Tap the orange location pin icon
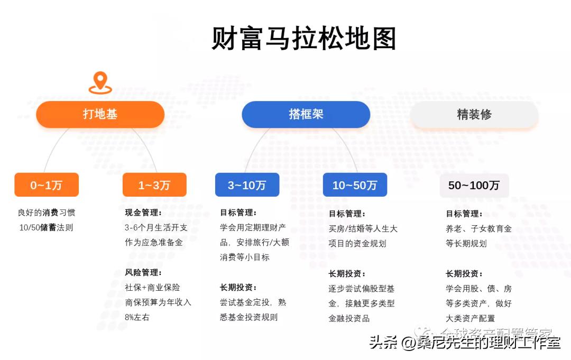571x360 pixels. pos(100,83)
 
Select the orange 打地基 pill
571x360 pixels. pos(100,114)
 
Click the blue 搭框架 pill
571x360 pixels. pos(306,114)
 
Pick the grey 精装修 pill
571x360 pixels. pos(474,114)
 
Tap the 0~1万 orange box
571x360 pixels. pos(47,185)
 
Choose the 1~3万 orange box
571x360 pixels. pos(154,185)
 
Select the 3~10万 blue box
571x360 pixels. pos(247,185)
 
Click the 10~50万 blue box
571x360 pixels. pos(355,185)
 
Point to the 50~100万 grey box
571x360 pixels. pos(474,186)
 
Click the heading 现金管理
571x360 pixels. pos(143,213)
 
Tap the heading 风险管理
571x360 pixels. pos(143,273)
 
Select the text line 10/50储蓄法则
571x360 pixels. pos(47,228)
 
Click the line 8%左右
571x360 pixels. pos(137,317)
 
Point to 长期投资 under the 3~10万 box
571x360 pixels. pos(238,288)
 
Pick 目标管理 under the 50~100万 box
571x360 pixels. pos(464,214)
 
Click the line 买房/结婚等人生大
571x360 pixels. pos(363,229)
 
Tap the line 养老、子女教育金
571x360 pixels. pos(478,229)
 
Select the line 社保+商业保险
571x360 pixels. pos(152,288)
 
